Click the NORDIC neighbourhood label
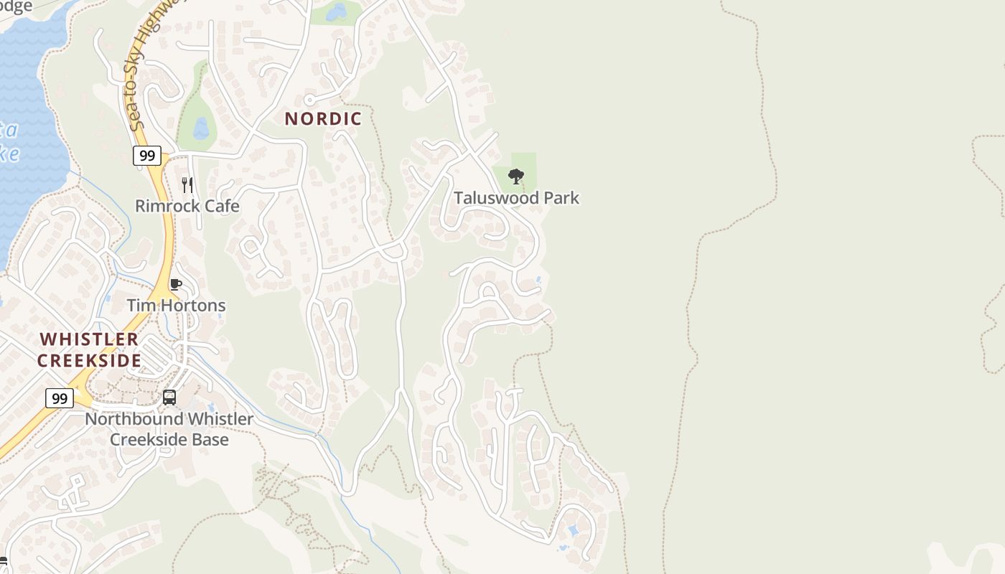(x=323, y=118)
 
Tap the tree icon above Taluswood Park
(x=515, y=176)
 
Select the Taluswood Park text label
(x=516, y=197)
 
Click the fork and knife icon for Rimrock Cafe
(x=187, y=185)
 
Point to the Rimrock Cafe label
(x=187, y=206)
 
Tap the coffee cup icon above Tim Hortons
(x=176, y=284)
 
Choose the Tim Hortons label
(x=176, y=305)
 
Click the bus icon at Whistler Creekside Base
(x=169, y=397)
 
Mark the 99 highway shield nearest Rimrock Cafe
(x=146, y=156)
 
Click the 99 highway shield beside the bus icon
(x=60, y=398)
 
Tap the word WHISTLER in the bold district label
(x=89, y=339)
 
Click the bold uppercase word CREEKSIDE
(x=89, y=360)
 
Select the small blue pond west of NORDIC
(x=201, y=128)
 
